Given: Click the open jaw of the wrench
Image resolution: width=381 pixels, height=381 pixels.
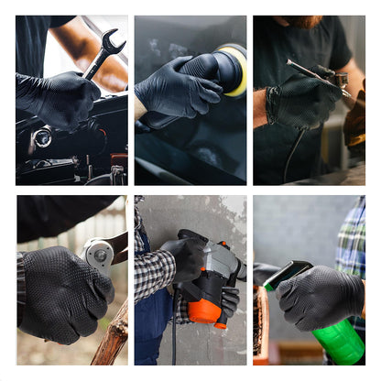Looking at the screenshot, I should [x=112, y=40].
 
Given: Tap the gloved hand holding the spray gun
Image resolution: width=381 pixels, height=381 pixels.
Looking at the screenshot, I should [x=302, y=102].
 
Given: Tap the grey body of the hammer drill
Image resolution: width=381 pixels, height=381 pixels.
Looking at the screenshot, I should [x=220, y=260].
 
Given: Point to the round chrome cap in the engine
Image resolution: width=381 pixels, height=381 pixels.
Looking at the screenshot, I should [x=42, y=138].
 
